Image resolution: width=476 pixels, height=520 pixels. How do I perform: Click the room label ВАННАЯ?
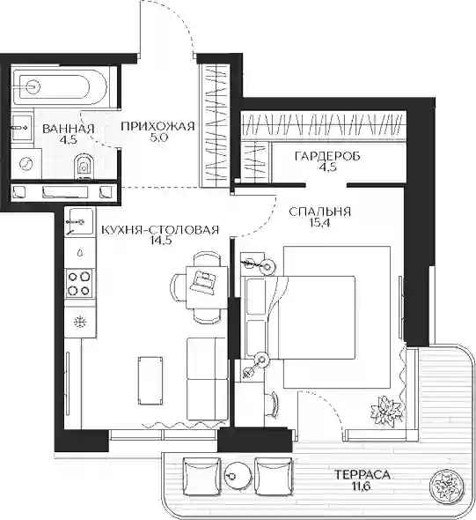tap(69, 129)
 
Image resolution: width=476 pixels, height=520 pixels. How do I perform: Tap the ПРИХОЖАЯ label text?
tap(157, 126)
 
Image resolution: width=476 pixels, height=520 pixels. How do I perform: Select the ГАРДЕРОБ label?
tap(327, 156)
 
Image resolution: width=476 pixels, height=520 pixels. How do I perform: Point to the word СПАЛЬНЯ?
tap(319, 212)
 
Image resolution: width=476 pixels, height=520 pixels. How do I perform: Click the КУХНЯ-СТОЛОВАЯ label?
tap(160, 230)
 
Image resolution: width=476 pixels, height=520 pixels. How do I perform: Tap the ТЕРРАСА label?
tap(362, 474)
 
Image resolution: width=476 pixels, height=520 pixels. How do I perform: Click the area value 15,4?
tap(319, 222)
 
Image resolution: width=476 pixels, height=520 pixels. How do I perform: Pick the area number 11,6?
tap(361, 487)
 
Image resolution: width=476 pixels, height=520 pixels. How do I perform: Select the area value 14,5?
tap(161, 241)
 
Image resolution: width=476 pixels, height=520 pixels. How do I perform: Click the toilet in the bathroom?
tap(84, 167)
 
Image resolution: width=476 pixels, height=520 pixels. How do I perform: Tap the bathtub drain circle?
tap(33, 87)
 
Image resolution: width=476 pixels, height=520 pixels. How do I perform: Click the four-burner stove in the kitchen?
tap(79, 283)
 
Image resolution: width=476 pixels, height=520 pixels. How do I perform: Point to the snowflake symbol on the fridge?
tap(80, 322)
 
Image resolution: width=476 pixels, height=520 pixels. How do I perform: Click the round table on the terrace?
tap(238, 476)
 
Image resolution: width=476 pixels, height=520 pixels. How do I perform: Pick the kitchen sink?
tap(79, 221)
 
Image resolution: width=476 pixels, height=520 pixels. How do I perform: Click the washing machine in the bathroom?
tap(26, 164)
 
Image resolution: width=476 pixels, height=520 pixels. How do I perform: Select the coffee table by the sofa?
tap(150, 381)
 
